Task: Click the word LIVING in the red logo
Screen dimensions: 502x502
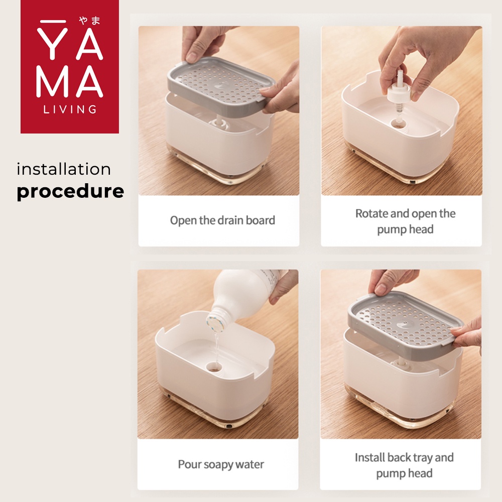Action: click(x=70, y=109)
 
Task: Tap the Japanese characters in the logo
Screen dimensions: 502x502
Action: click(x=90, y=21)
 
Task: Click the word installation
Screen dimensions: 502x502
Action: click(x=64, y=169)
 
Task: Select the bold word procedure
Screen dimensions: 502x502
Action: click(x=70, y=191)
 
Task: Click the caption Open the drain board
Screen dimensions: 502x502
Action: click(x=222, y=220)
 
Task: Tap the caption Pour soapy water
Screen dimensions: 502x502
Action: click(x=221, y=464)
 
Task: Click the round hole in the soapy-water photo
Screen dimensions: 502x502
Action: click(x=214, y=367)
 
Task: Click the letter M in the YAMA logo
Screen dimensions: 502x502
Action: click(x=51, y=82)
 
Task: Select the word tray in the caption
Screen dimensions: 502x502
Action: click(x=423, y=458)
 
